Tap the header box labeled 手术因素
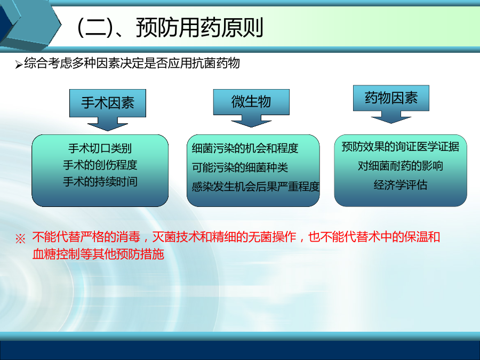tap(108, 103)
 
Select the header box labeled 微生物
tap(251, 102)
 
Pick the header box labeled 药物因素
tap(391, 98)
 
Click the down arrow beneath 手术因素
tap(108, 124)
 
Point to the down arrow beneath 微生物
tap(251, 121)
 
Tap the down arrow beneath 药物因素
tap(391, 117)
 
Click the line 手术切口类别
tap(100, 148)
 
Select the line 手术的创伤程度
tap(100, 165)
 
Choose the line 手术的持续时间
tap(100, 181)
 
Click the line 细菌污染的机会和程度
tap(245, 148)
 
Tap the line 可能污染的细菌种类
tap(239, 167)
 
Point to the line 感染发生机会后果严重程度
tap(255, 187)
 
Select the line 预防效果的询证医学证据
tap(401, 147)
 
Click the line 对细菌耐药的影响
tap(401, 166)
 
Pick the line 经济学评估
tap(401, 185)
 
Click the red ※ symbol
tap(20, 239)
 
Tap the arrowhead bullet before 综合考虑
tap(19, 65)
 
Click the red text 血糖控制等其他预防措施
tap(98, 254)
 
